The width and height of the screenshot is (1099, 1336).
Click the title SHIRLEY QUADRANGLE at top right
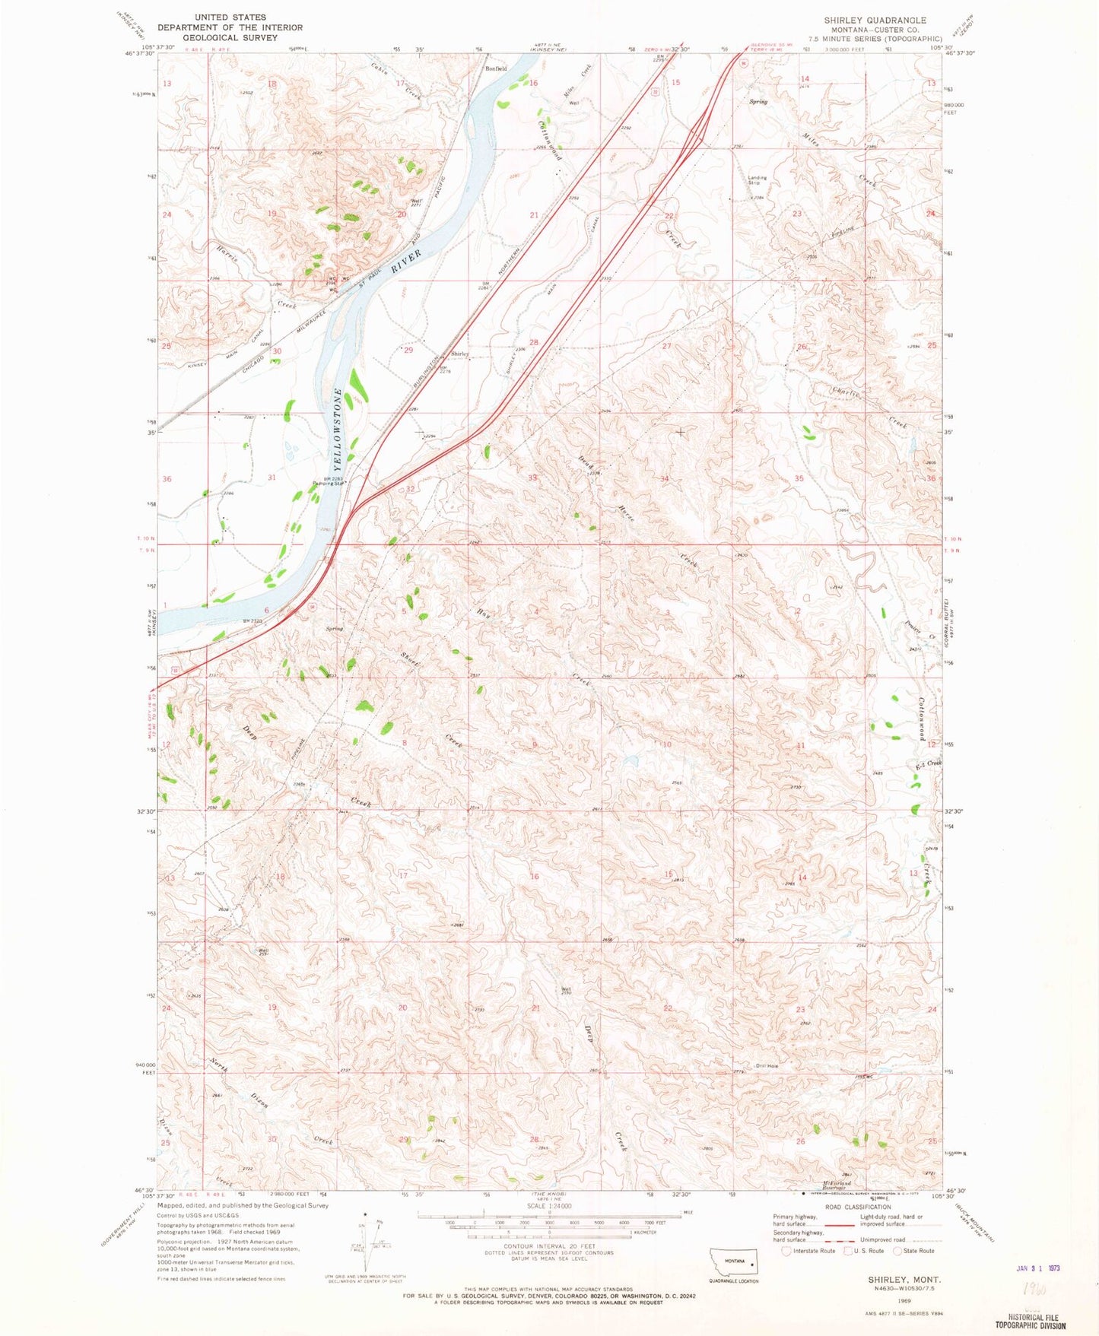point(875,21)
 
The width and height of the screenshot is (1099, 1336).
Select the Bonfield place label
point(496,68)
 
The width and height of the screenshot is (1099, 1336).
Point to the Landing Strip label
point(757,180)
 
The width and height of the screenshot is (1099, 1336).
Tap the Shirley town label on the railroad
point(459,354)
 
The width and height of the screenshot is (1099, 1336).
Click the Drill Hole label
point(767,1065)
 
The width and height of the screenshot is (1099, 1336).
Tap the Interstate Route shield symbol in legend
point(786,1251)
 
